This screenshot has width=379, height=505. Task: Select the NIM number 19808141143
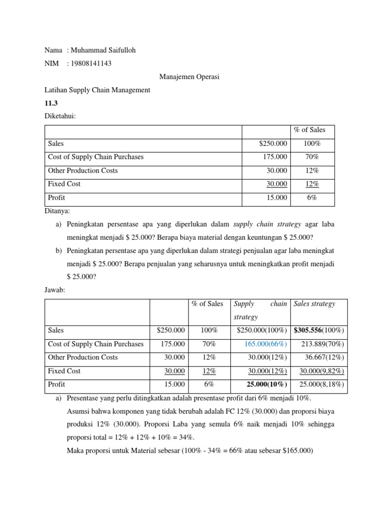91,64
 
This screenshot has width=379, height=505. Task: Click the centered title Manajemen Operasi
189,77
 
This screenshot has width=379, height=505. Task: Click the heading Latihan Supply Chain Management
97,90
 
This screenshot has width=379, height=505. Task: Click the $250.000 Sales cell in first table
273,144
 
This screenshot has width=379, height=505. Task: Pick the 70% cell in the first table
312,157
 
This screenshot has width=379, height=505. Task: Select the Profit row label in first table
56,197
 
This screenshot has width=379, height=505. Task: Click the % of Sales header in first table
309,130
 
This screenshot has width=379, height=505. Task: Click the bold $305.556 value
308,330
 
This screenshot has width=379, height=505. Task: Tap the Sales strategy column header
314,304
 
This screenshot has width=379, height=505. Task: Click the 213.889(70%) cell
324,344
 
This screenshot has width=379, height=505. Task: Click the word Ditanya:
57,211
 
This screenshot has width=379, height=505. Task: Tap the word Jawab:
54,290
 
